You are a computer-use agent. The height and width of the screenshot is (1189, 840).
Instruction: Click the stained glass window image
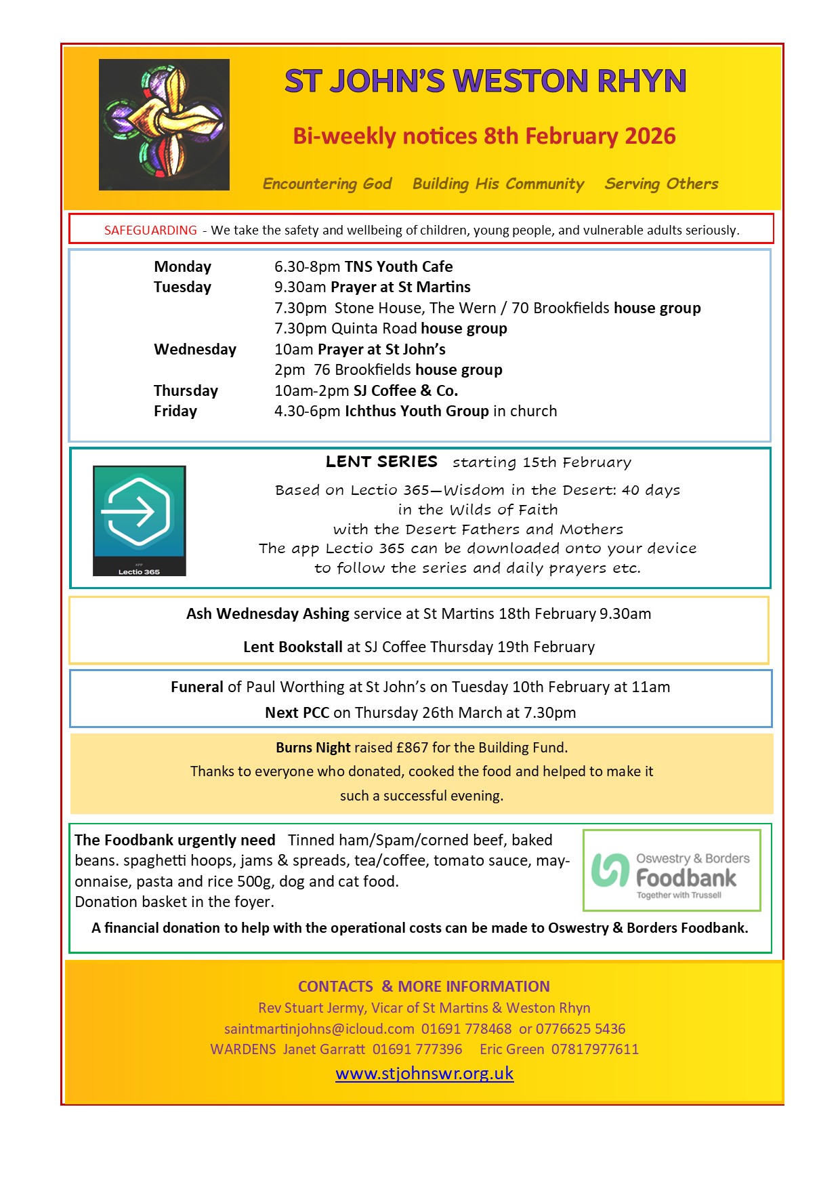click(164, 125)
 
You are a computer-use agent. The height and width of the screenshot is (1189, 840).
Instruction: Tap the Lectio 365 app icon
click(140, 520)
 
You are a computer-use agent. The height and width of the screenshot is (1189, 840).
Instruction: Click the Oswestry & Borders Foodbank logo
click(671, 870)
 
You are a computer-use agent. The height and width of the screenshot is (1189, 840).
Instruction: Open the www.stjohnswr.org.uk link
click(425, 1074)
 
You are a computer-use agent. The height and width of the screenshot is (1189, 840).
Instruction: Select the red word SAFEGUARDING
click(150, 230)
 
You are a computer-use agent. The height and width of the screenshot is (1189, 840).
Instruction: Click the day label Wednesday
click(195, 350)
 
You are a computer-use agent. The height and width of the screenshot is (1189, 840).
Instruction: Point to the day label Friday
click(175, 411)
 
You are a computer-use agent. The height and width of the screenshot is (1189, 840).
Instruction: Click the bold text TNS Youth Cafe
click(398, 267)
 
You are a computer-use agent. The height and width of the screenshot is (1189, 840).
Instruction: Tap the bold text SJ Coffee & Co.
click(406, 391)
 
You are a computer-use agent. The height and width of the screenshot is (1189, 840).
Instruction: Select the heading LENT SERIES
click(381, 462)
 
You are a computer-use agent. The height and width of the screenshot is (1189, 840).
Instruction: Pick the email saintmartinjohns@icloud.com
click(319, 1029)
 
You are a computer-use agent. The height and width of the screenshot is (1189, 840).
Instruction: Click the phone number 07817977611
click(595, 1050)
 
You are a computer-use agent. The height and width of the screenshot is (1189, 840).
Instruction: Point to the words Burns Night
click(313, 748)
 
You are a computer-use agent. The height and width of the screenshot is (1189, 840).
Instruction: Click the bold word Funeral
click(196, 687)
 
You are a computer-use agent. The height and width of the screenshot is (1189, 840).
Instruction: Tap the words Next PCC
click(297, 713)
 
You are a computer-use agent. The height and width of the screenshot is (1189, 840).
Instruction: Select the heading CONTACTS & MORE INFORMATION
click(424, 987)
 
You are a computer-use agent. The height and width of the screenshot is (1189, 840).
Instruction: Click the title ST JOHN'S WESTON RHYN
click(485, 81)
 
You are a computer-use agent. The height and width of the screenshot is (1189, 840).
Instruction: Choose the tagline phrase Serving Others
click(661, 184)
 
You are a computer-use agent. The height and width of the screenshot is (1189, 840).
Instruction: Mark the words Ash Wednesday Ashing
click(268, 614)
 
